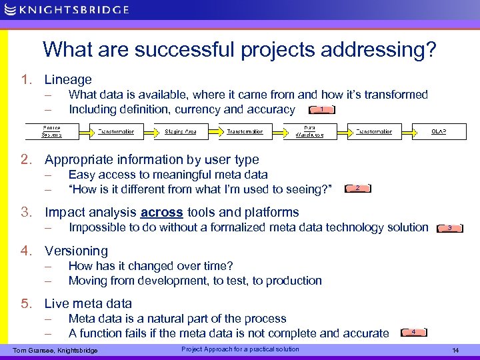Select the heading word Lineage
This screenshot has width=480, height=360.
coord(68,80)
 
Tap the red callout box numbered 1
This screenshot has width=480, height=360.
coord(322,109)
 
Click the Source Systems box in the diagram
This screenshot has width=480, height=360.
coord(52,131)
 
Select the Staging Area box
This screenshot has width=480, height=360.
coord(181,131)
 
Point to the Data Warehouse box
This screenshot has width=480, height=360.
coord(309,131)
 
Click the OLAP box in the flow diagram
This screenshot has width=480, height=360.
coord(438,131)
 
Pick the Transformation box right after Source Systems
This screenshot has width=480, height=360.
coord(116,131)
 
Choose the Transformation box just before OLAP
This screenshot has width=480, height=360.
coord(374,131)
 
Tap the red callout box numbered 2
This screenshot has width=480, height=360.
coord(358,189)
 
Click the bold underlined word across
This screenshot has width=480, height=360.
coord(161,213)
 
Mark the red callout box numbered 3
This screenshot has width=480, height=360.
coord(450,228)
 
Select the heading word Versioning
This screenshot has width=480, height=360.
coord(76,251)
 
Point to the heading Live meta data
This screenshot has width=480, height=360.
coord(88,303)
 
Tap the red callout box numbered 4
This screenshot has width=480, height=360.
coord(414,331)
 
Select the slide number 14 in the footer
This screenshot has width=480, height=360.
coord(455,351)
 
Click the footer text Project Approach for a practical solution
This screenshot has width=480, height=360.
coord(240,349)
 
